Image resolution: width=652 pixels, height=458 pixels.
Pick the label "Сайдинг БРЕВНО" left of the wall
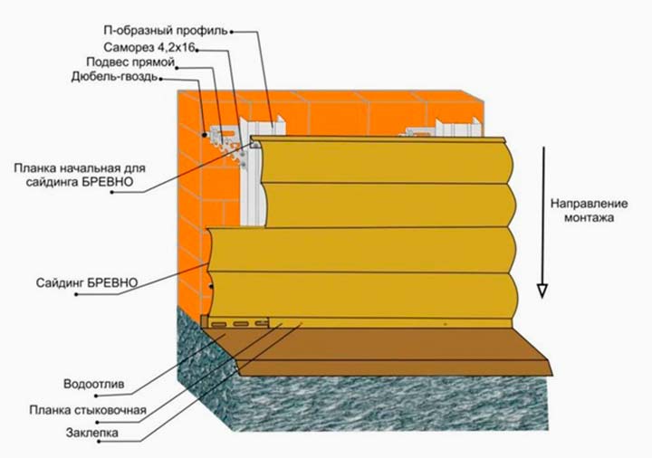tap(87, 282)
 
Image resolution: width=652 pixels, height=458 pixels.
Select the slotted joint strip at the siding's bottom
tap(240, 322)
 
